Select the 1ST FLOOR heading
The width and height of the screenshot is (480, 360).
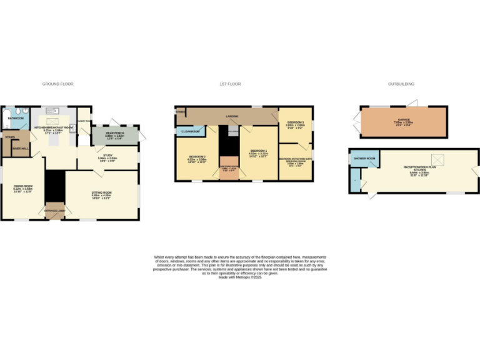[230, 84]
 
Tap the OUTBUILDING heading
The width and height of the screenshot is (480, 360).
[401, 84]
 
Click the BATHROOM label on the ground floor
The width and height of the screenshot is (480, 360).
[16, 117]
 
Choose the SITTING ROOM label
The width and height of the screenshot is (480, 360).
[101, 196]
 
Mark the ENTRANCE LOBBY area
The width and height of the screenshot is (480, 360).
[54, 212]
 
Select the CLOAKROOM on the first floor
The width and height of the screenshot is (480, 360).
[191, 132]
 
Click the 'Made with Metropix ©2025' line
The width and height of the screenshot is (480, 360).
[239, 277]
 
